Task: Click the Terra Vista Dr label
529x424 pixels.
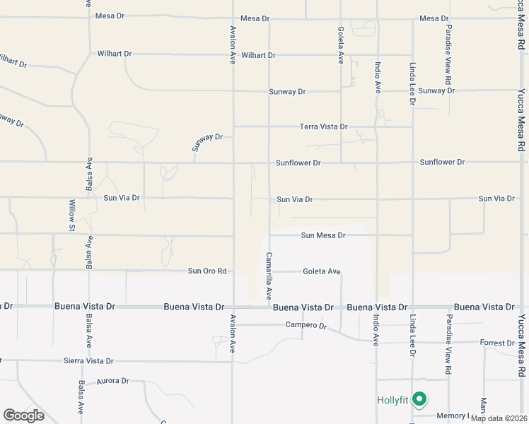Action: pos(323,126)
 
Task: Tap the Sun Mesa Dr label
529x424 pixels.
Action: pos(322,235)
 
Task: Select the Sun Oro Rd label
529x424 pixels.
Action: pos(207,271)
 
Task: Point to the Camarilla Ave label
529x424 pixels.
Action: pos(269,276)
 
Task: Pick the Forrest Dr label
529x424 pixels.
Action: pos(496,343)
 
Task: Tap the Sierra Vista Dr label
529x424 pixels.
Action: pos(89,360)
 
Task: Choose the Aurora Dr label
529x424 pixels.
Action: pos(113,380)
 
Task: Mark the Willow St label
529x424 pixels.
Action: pos(71,216)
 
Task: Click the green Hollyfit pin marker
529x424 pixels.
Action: pos(419,400)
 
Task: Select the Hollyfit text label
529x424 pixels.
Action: pos(391,401)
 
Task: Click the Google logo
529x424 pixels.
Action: pos(23,416)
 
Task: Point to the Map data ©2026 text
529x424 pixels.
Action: pos(499,418)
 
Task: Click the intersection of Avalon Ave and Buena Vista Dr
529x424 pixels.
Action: pos(233,307)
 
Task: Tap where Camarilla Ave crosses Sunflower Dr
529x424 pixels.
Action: pos(269,163)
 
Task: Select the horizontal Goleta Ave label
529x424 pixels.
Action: pos(322,271)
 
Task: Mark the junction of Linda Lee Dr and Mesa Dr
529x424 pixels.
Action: pos(412,18)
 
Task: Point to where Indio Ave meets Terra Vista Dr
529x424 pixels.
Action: pos(377,126)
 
